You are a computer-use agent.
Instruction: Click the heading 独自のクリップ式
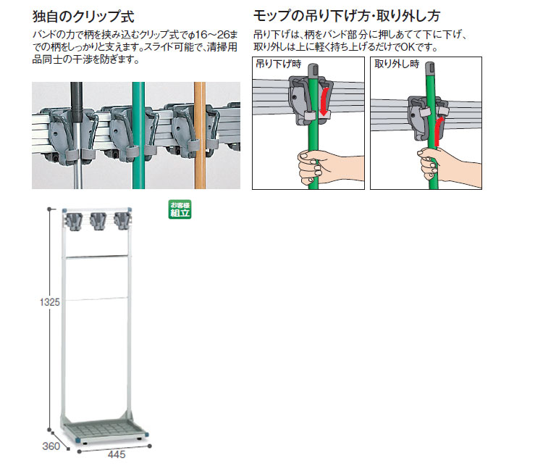83,16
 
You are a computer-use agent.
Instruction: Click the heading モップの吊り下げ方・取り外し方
347,16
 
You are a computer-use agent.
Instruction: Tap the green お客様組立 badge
180,209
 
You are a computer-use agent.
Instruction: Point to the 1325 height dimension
50,302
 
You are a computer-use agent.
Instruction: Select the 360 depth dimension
51,446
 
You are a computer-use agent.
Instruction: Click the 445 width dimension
117,455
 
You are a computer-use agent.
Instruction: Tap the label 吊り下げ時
279,64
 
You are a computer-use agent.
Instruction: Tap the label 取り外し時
397,64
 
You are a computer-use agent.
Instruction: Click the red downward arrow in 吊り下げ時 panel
324,102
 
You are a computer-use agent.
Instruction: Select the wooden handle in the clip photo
200,136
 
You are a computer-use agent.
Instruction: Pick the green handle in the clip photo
138,136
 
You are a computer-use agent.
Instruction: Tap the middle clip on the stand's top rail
98,221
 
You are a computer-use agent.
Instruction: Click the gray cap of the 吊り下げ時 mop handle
313,70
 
